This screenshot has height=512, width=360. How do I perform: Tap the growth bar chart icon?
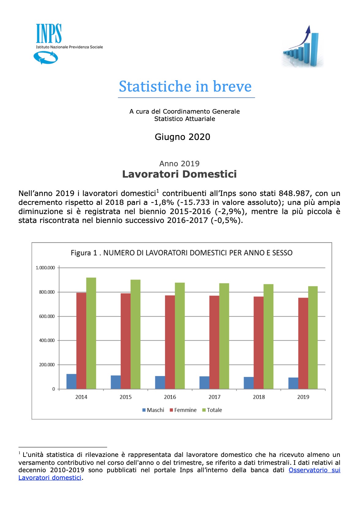(x=302, y=47)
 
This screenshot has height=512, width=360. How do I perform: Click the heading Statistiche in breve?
(x=185, y=86)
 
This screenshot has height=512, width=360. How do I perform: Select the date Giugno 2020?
(x=182, y=137)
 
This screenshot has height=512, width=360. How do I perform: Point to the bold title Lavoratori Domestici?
(x=179, y=174)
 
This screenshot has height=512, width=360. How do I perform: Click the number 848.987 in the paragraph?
(x=294, y=194)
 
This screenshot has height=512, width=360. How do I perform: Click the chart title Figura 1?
(x=182, y=253)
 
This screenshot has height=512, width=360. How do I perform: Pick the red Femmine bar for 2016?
(x=170, y=342)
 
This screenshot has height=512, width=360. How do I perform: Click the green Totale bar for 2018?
(x=268, y=337)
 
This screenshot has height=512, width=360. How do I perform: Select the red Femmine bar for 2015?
(x=126, y=341)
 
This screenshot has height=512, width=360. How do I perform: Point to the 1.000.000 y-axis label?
(x=45, y=268)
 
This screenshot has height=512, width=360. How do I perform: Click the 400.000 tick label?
(x=47, y=341)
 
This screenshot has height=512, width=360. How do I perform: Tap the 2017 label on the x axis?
(x=214, y=397)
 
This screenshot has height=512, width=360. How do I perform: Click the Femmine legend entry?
(x=183, y=410)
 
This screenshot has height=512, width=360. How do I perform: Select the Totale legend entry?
(x=212, y=410)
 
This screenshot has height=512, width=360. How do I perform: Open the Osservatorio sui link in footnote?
(x=314, y=470)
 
